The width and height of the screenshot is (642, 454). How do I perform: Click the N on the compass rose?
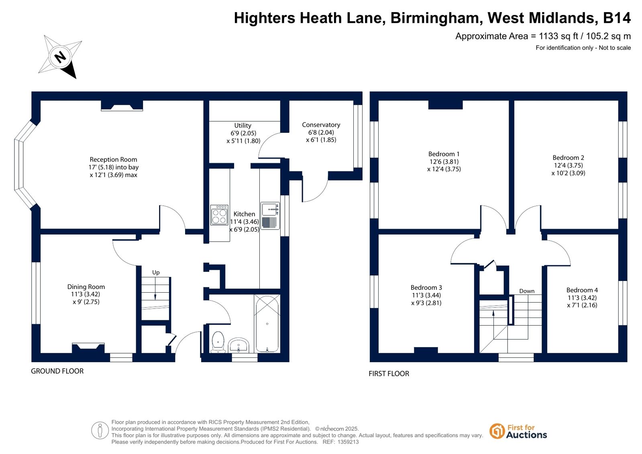(60, 57)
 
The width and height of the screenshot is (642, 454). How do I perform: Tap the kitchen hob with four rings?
(219, 215)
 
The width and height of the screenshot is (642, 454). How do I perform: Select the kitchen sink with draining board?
(270, 216)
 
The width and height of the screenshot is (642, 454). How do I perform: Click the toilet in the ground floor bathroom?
(218, 342)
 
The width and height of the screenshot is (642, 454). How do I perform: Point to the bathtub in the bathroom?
(267, 324)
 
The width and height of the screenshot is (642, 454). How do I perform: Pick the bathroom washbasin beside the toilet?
(238, 345)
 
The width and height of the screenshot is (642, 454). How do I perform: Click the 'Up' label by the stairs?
(156, 273)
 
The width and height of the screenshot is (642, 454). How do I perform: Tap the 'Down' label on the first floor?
(527, 291)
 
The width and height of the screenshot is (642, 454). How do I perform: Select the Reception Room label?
(114, 159)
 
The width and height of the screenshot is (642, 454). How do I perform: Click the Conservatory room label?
(321, 125)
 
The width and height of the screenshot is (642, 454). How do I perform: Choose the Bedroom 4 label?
(582, 290)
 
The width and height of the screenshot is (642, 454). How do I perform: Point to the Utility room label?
(243, 125)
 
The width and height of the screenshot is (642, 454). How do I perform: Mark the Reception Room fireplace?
(122, 106)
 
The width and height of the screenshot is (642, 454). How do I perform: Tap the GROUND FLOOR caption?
(57, 371)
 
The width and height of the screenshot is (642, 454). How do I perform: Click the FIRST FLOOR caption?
(389, 374)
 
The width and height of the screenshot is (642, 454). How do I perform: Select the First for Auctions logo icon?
(497, 432)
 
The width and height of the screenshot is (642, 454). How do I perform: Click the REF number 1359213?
(348, 442)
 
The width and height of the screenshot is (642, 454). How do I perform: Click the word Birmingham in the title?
(435, 18)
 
